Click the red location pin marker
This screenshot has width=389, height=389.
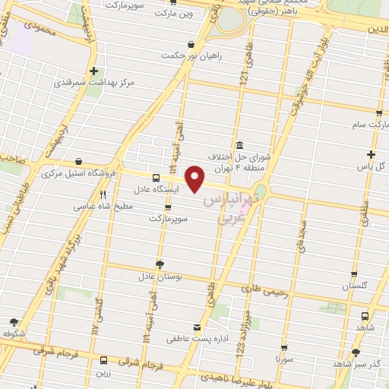click(x=196, y=179)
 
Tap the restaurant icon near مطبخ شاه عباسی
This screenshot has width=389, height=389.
click(x=103, y=194)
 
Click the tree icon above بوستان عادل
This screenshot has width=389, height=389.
click(x=159, y=264)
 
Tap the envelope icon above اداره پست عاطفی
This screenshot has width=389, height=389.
click(x=198, y=327)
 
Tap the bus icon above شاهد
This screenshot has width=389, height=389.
click(x=365, y=315)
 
